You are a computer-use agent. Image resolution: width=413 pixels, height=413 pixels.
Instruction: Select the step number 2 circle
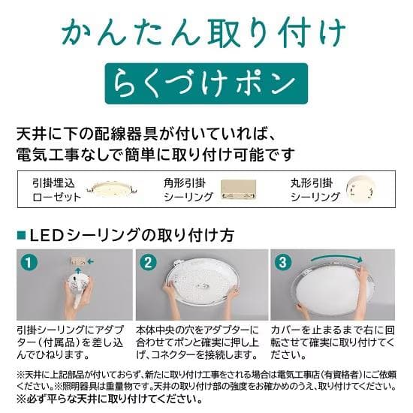(x=149, y=263)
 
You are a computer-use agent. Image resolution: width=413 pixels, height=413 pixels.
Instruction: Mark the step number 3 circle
(x=283, y=263)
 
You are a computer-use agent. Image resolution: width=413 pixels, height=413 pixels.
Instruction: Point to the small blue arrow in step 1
(x=91, y=261)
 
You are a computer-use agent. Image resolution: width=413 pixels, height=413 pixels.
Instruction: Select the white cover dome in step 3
(x=332, y=288)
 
